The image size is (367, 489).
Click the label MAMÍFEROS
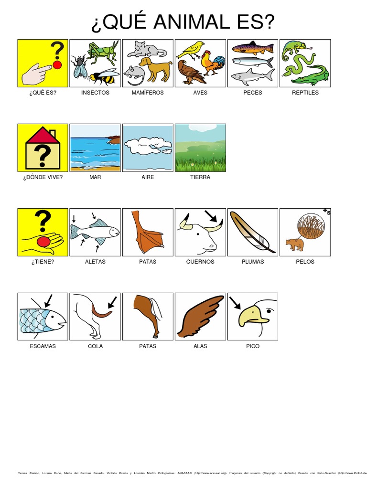[148, 93]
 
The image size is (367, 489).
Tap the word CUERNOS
[200, 262]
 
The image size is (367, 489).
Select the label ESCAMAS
[43, 346]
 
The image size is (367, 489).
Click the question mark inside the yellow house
[43, 155]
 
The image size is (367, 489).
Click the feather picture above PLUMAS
[252, 232]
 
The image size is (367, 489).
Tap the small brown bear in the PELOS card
[294, 244]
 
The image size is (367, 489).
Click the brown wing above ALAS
[200, 316]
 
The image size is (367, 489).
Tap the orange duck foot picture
[149, 234]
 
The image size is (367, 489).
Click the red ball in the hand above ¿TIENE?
[43, 242]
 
